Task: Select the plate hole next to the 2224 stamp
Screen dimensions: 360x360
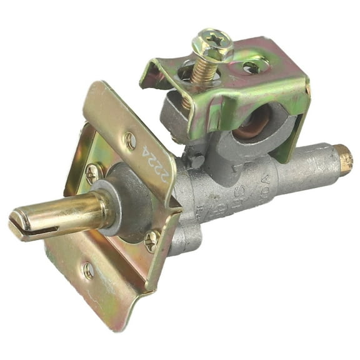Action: pos(130,141)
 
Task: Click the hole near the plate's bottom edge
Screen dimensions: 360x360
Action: pos(88,270)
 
